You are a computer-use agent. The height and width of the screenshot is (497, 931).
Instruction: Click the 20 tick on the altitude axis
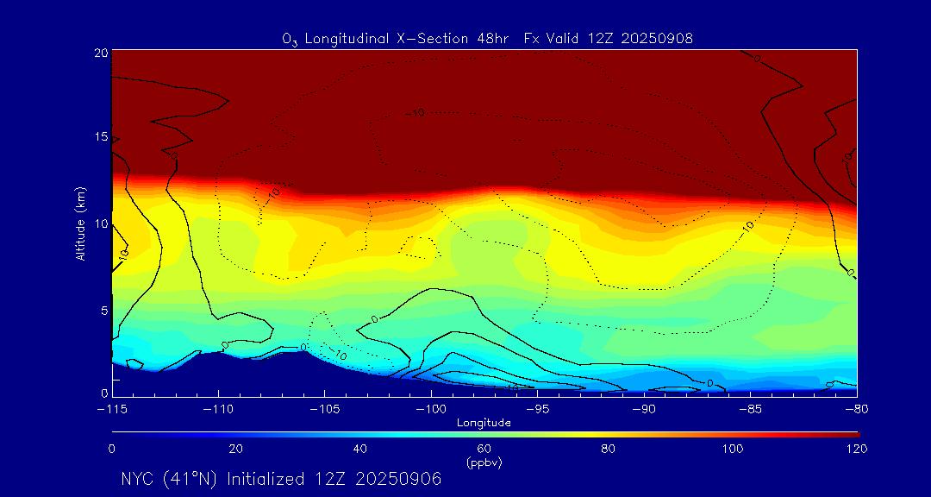99,53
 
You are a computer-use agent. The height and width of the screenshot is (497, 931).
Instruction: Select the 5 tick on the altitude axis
102,309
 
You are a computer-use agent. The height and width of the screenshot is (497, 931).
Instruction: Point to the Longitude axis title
484,422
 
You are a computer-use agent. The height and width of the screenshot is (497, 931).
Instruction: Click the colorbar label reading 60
484,449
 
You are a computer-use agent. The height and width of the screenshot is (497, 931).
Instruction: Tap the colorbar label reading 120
856,449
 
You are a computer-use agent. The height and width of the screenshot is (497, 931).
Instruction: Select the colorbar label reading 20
235,449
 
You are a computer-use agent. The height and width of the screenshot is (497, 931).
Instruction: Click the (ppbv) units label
484,462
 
